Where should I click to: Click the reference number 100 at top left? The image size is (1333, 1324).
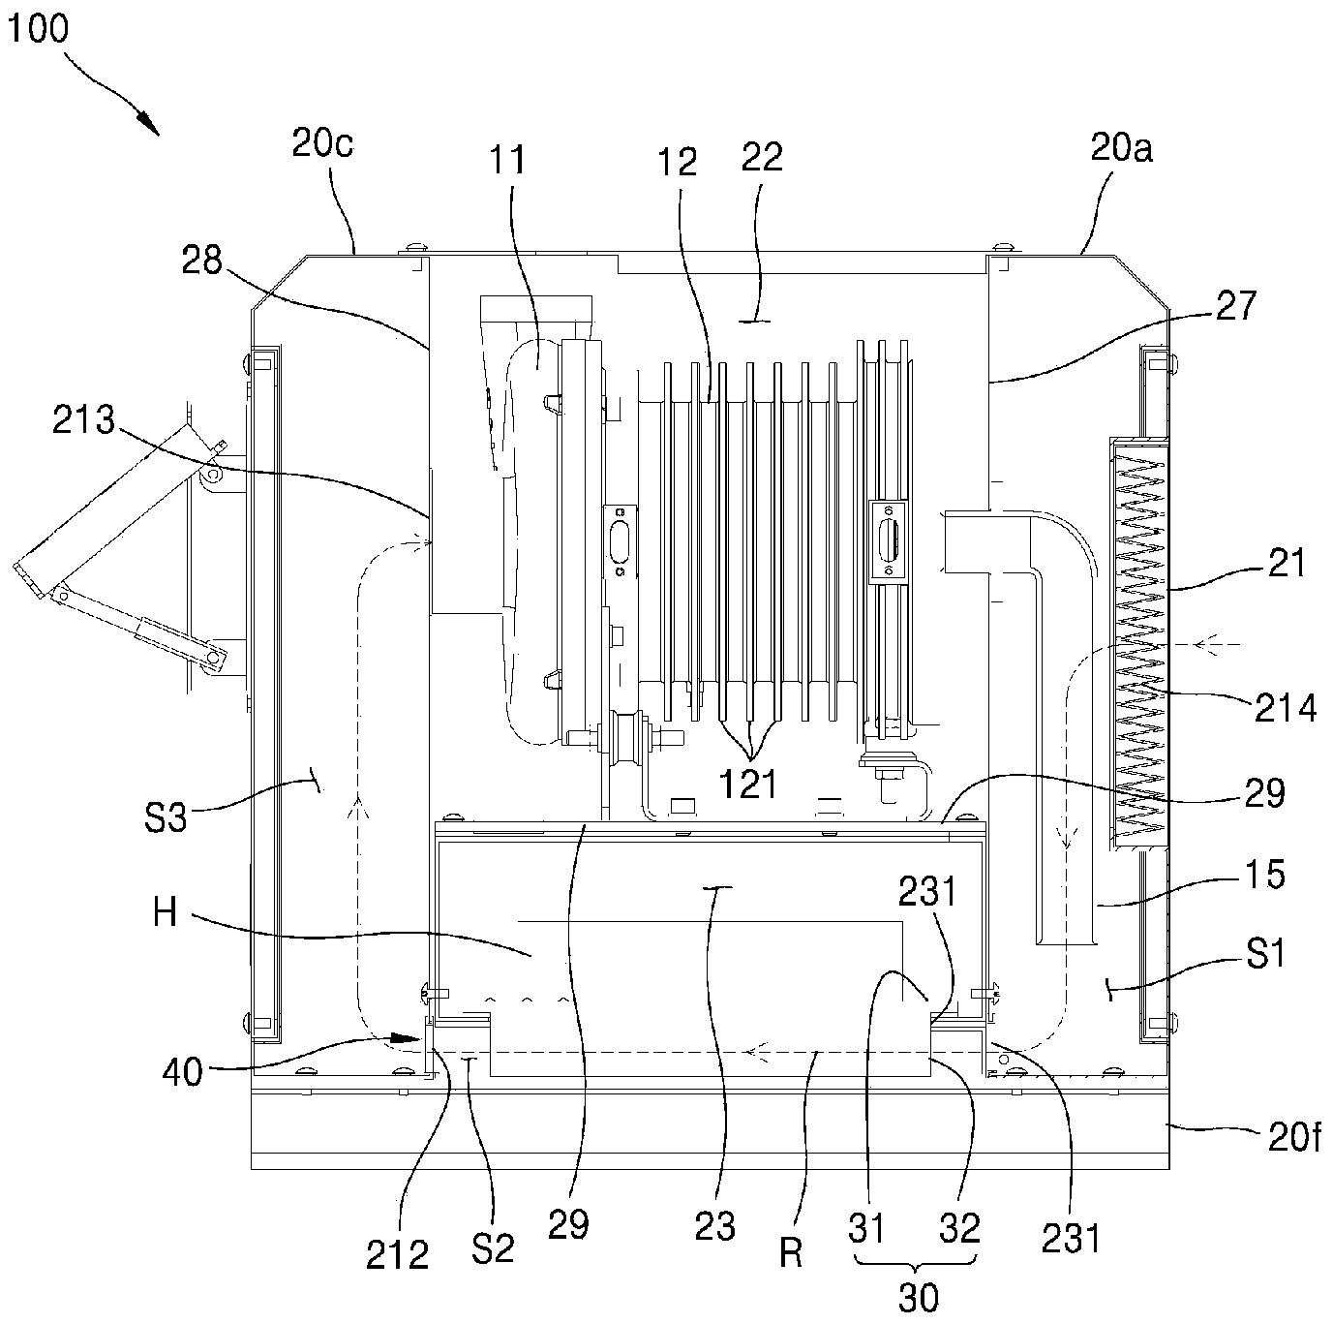point(38,28)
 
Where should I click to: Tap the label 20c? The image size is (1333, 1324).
point(322,144)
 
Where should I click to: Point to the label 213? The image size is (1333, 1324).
point(83,419)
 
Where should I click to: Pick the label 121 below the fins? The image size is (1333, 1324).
point(748,785)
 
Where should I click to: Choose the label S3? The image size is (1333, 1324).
point(166,816)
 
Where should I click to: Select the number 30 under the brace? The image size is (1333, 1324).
point(919,1297)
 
